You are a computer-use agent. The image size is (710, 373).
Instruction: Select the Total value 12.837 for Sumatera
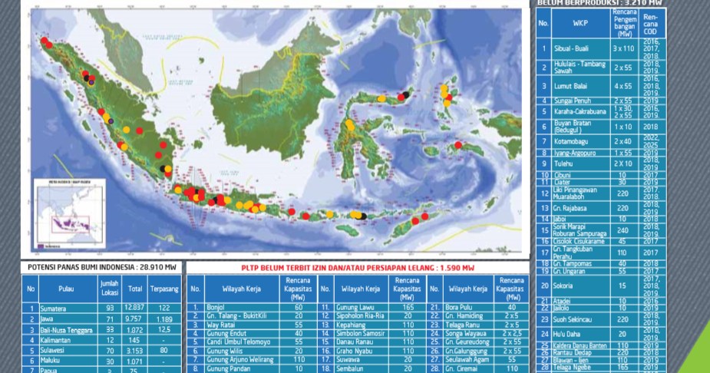coord(136,307)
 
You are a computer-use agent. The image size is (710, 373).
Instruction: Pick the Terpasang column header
coord(163,289)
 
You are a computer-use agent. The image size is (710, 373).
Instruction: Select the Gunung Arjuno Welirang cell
coord(239,358)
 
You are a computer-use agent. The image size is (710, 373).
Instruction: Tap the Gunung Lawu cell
coord(354,307)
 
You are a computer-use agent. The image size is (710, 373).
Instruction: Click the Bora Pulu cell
coord(461,307)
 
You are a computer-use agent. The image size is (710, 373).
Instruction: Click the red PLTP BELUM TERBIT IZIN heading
coord(358,268)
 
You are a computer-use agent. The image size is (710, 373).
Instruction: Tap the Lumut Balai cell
coord(570,87)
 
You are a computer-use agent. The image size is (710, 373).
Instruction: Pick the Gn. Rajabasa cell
coord(571,207)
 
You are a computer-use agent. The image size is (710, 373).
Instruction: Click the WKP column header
coord(580,22)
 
